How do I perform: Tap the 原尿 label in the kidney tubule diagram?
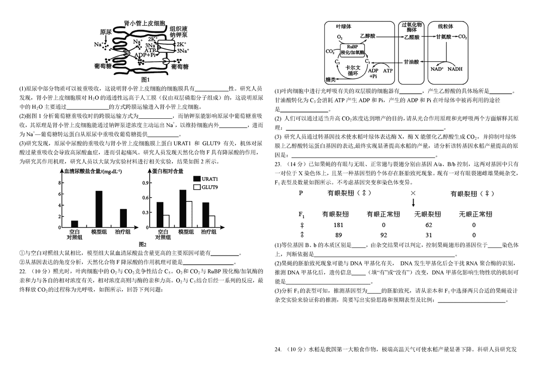pos(105,32)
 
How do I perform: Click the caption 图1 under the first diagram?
pos(145,79)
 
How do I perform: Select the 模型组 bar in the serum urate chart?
pos(99,209)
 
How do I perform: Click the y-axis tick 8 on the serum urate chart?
pos(60,182)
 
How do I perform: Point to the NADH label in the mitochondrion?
pos(454,69)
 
